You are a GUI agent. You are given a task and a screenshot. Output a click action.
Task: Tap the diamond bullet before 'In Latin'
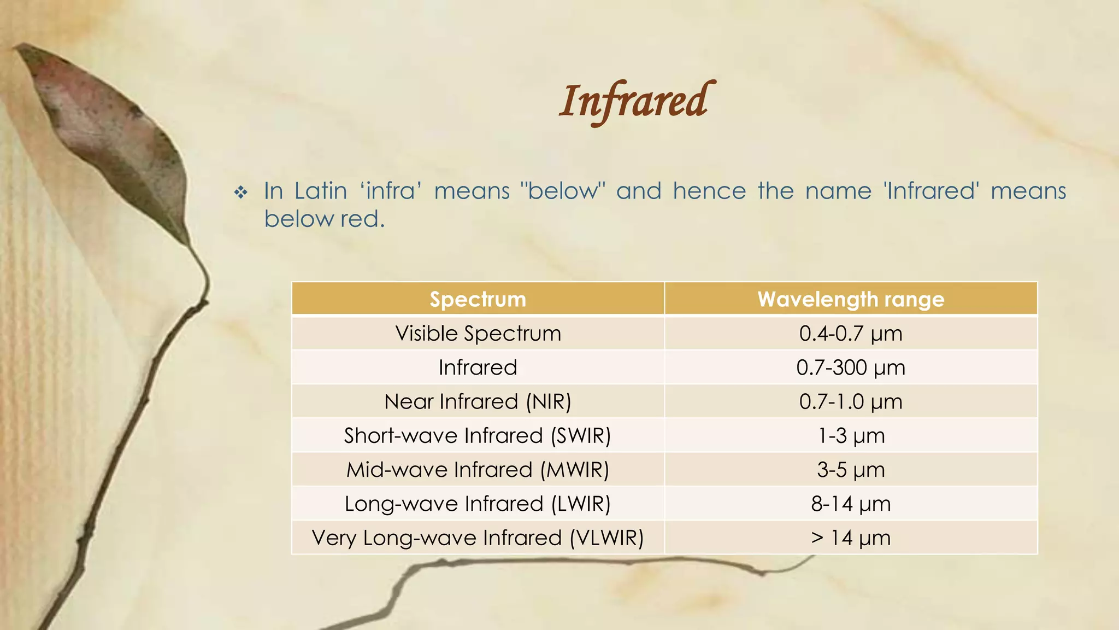point(241,192)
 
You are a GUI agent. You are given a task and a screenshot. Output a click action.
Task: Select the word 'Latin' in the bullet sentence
point(321,191)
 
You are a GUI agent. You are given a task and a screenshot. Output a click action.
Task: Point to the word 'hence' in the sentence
point(709,191)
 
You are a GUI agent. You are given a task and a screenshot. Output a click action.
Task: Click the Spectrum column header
point(478,299)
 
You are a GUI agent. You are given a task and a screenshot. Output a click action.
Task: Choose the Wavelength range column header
point(851,299)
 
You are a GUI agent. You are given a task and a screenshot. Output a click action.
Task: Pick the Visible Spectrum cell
point(478,334)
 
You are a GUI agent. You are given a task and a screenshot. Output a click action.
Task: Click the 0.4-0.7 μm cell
point(851,334)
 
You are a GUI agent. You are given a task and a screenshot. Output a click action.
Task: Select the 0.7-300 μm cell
point(851,367)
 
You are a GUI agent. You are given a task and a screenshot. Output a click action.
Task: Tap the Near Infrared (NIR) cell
point(478,401)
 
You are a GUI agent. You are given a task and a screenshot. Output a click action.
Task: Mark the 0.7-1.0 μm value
point(851,401)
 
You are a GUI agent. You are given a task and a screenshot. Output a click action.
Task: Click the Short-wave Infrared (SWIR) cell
point(478,436)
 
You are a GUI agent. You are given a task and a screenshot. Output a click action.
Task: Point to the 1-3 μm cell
point(851,436)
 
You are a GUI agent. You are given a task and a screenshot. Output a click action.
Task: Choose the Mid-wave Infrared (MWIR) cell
point(478,470)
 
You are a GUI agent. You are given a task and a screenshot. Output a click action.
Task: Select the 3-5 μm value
point(851,470)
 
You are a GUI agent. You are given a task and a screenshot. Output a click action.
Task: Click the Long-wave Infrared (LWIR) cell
point(478,504)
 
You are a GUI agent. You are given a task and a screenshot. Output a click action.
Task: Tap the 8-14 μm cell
point(851,504)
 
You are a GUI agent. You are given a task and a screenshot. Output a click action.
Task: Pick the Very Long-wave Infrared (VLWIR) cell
point(478,538)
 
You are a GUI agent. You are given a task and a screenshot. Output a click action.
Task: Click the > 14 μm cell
point(851,538)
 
